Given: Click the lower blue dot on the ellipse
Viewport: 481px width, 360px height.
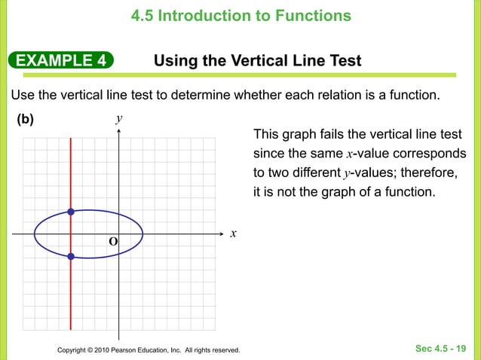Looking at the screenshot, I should pos(70,257).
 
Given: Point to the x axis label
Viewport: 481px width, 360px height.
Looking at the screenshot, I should pos(234,233).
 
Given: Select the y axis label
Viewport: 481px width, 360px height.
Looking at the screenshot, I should pos(119,119).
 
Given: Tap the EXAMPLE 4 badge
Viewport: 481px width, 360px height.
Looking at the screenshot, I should pos(60,60).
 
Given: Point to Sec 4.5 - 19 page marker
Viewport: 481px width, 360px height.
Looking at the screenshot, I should pos(441,348).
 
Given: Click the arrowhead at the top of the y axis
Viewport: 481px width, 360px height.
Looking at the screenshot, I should pos(119,130).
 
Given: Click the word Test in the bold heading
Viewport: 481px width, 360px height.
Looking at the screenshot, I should pos(344,60).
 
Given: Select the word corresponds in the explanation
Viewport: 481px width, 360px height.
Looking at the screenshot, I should pos(430,154).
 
